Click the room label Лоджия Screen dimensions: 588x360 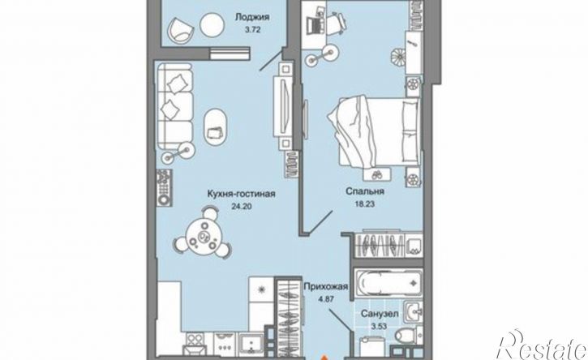pos(252,17)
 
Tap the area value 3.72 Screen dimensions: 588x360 pos(252,30)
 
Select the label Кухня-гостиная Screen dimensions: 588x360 pos(242,194)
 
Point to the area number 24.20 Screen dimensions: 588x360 pos(242,205)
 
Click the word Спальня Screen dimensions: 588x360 pos(365,191)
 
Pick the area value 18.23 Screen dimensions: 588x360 pos(365,204)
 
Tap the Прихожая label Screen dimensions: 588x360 pos(326,287)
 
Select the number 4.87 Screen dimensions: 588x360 pos(326,300)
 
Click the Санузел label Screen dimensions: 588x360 pos(380,314)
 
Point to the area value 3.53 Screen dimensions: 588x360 pos(379,326)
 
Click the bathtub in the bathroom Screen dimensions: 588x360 pos(388,283)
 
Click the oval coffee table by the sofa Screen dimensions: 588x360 pos(215,126)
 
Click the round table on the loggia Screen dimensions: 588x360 pos(212,25)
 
